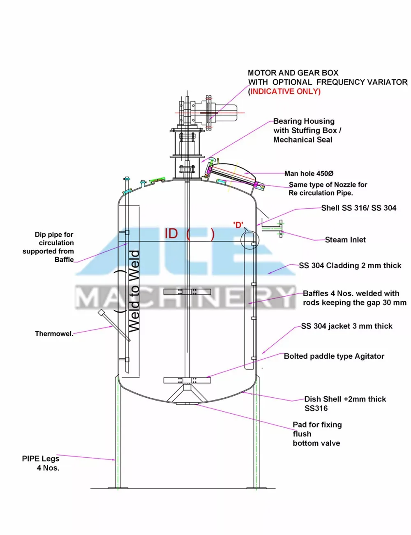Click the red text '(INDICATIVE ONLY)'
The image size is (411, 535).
tap(285, 91)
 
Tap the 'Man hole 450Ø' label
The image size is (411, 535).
tap(309, 173)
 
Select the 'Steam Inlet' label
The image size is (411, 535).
tap(345, 240)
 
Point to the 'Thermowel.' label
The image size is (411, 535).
tap(54, 334)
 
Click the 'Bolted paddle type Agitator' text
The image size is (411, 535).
tap(334, 356)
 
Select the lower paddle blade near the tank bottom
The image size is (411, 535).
tap(187, 380)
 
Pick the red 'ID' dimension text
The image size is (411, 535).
tap(171, 233)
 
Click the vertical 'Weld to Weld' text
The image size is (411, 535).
tap(134, 291)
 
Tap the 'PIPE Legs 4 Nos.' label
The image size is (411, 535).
tap(41, 463)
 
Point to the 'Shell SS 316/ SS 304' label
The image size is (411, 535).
tap(358, 208)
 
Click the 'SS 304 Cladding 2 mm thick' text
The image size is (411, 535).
tap(350, 265)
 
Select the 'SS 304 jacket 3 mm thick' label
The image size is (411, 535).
tap(346, 326)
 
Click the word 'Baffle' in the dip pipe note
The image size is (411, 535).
tap(64, 259)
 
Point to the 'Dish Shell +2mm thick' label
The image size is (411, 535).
tap(345, 399)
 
